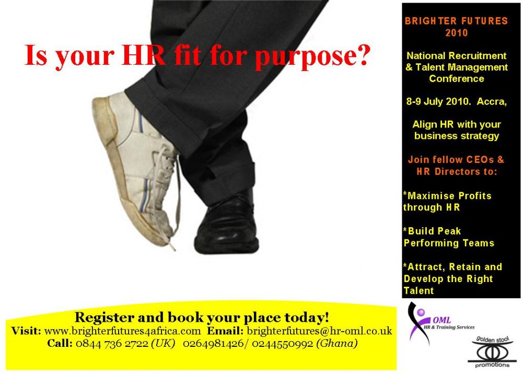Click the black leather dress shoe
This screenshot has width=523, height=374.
click(227, 224)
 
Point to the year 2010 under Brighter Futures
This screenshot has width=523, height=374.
click(456, 33)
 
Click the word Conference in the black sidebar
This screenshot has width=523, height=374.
click(456, 79)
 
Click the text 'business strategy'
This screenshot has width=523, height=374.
click(456, 136)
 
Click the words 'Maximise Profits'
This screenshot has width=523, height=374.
click(449, 196)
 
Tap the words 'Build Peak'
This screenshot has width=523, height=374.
click(434, 231)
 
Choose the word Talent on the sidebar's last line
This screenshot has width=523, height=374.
click(419, 290)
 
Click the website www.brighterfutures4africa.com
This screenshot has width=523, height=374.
click(122, 331)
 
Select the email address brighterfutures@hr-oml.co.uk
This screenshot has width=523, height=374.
click(319, 331)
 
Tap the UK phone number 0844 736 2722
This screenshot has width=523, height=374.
click(112, 343)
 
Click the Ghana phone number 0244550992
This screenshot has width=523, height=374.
click(282, 343)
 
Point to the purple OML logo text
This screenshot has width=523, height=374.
click(442, 320)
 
